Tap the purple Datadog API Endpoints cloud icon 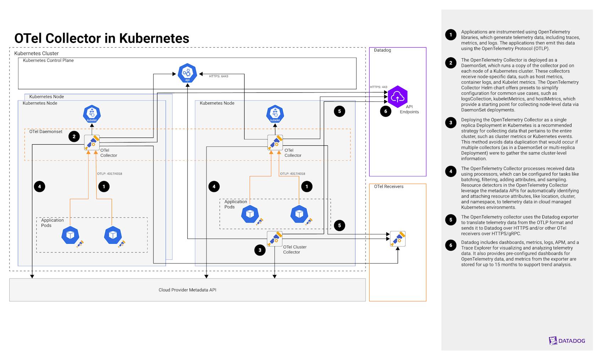point(397,96)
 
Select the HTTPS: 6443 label point(219,76)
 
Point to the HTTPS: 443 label point(378,87)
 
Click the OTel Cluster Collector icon point(274,238)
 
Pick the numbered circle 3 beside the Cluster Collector point(260,250)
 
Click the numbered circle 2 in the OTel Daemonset point(74,136)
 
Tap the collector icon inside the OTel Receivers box point(398,239)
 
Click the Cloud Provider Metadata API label point(187,290)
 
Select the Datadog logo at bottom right point(567,340)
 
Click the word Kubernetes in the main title point(154,38)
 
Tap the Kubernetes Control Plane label point(48,60)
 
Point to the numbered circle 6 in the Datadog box point(386,111)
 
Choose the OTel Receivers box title point(388,187)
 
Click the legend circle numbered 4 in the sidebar point(451,171)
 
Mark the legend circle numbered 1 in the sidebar point(451,34)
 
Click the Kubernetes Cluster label point(36,53)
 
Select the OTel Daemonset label point(45,131)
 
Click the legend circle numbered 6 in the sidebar point(451,245)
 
